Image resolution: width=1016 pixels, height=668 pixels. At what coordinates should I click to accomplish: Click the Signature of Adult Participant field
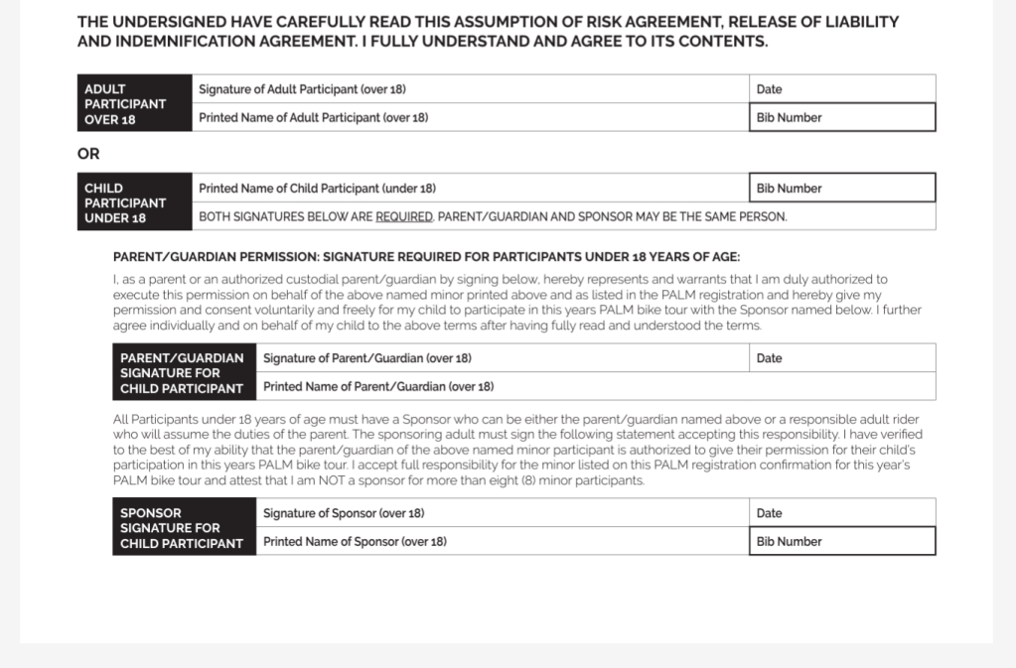(x=471, y=89)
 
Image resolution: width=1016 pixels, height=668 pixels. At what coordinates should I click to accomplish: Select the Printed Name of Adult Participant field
(x=471, y=117)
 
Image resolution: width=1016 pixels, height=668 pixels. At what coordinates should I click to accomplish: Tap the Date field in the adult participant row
(x=842, y=89)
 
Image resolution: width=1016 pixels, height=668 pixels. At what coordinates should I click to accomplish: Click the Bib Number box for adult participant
(x=842, y=117)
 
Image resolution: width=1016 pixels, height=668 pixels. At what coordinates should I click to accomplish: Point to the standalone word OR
(x=88, y=154)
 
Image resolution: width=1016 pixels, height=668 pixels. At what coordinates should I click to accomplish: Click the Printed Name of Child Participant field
(x=471, y=188)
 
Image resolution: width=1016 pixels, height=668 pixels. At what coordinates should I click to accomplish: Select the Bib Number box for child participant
(x=842, y=188)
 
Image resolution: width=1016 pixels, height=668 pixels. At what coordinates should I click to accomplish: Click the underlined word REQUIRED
(x=404, y=216)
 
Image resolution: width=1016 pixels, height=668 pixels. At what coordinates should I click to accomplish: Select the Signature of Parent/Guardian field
(x=503, y=358)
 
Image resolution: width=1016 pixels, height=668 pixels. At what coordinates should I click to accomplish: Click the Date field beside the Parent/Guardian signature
(x=842, y=358)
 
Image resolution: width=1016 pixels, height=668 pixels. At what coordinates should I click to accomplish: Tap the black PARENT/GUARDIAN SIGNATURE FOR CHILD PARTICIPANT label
(x=184, y=372)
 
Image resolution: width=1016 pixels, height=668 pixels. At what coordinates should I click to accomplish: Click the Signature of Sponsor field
(x=503, y=513)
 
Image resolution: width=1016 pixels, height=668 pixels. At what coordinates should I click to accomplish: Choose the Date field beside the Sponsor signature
(x=842, y=513)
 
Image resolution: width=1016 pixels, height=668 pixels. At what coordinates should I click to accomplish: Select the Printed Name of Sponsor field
(x=503, y=541)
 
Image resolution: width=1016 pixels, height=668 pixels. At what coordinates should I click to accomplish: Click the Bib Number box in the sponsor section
(x=842, y=541)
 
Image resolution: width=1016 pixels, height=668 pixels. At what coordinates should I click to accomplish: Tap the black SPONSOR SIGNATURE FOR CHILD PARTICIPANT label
(x=184, y=527)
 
